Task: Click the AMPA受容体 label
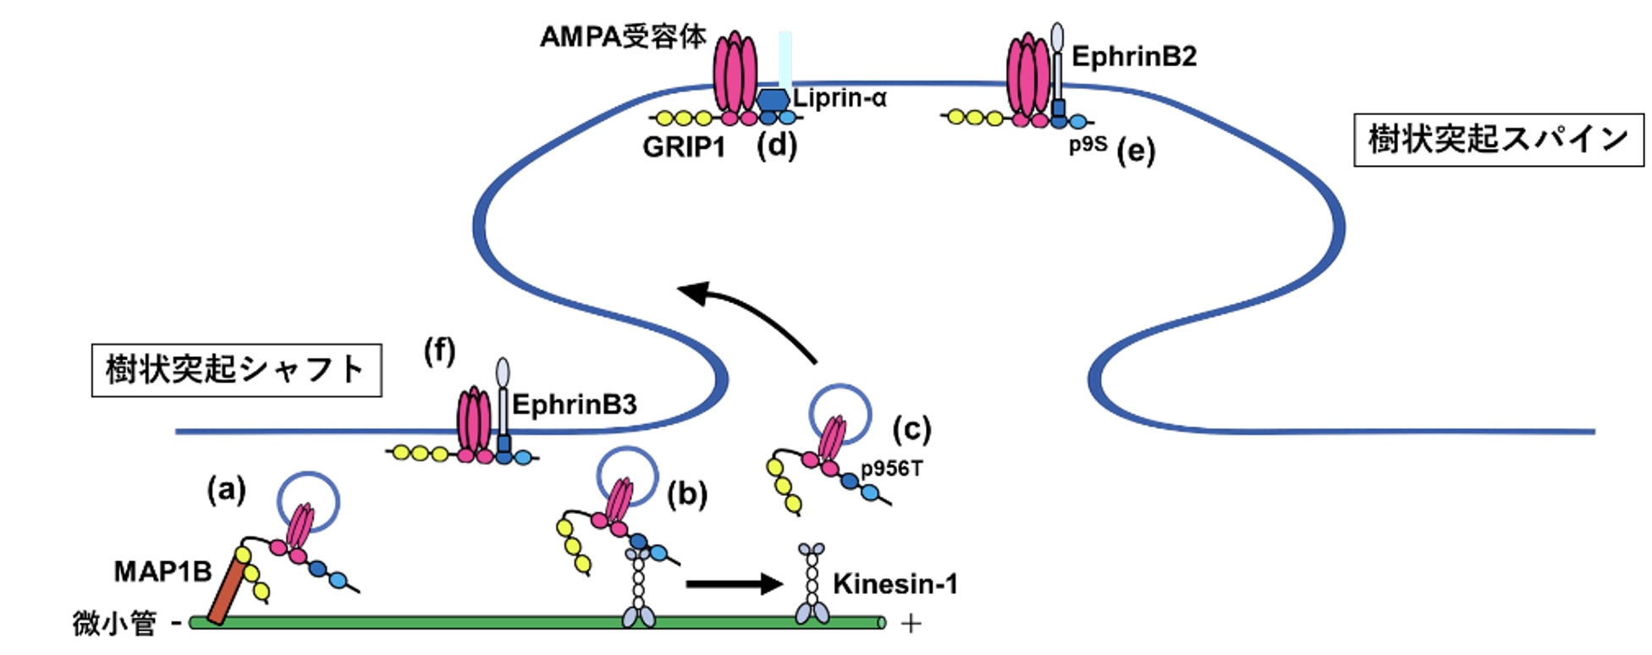click(623, 38)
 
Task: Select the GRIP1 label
click(684, 147)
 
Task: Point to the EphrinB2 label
click(1133, 57)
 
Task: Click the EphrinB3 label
click(574, 405)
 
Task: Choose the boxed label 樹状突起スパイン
click(1498, 140)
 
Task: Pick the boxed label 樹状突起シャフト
click(236, 370)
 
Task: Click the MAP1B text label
click(162, 571)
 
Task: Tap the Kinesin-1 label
click(895, 583)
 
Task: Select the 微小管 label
click(114, 624)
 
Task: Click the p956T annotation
click(891, 468)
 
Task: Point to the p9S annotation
click(1087, 144)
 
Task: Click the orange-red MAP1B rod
click(226, 592)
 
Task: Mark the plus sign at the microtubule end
click(911, 625)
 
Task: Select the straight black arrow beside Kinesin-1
click(734, 583)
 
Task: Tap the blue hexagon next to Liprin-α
click(772, 100)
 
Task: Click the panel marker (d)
click(776, 146)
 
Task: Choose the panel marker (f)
click(439, 350)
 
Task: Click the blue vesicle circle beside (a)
click(309, 502)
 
